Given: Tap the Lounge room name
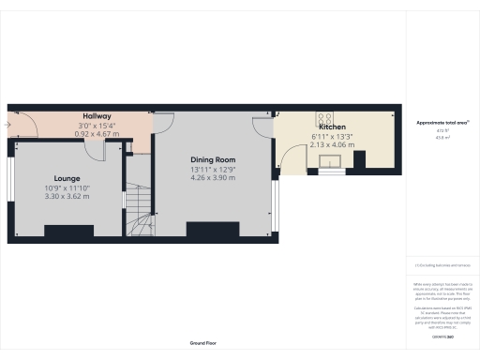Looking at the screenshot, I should click(x=66, y=178).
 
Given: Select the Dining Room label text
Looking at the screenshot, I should click(x=213, y=159).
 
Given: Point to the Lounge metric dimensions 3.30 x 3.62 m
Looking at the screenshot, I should click(x=66, y=196).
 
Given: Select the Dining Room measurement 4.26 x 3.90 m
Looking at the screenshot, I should click(x=213, y=177).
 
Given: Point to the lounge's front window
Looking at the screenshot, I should click(x=10, y=187).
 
